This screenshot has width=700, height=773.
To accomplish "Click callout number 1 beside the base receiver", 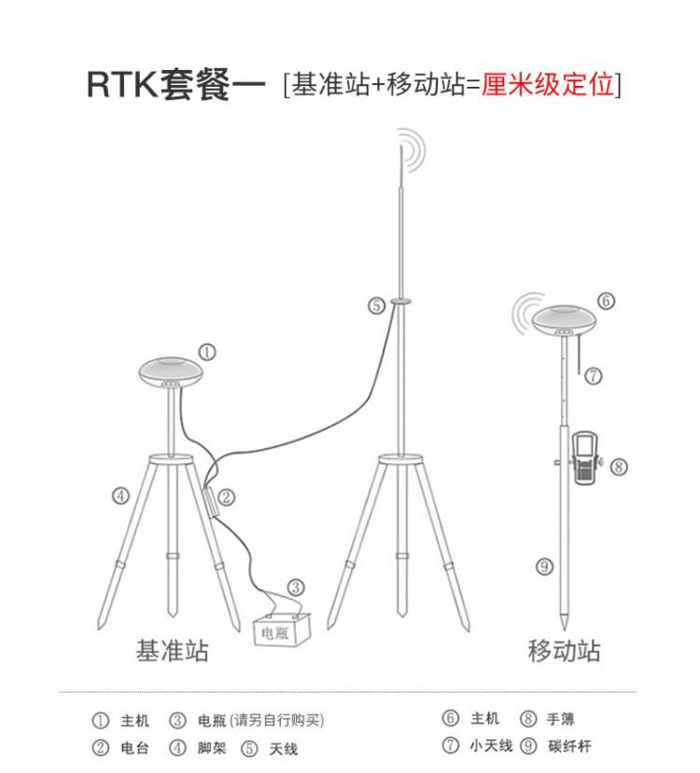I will [x=206, y=352].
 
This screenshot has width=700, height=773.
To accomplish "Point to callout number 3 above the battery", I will [x=295, y=587].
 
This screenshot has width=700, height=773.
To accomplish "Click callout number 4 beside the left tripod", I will [x=120, y=496].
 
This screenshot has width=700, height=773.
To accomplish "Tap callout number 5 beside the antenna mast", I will [x=375, y=304].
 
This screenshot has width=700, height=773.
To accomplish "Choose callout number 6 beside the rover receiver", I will [x=606, y=301].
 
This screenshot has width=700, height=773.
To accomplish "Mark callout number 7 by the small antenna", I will [x=594, y=376].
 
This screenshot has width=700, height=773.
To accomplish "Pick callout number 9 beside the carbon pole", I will [x=544, y=565].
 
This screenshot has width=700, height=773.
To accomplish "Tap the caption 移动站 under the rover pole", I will [x=565, y=651].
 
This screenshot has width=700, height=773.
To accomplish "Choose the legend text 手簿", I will [x=561, y=719].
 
